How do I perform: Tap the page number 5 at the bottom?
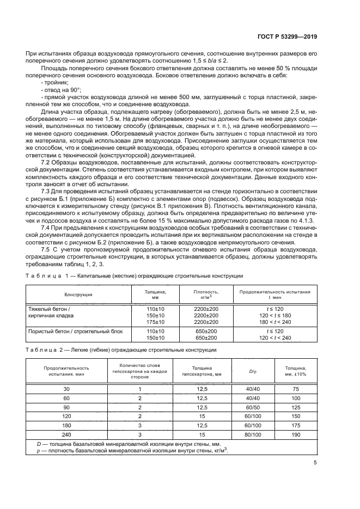pos(315,463)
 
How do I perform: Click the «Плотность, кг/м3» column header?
pos(206,295)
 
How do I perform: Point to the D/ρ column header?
pos(251,372)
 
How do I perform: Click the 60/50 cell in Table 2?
pos(251,407)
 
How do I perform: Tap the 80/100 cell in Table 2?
pos(251,434)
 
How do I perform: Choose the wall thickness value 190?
pos(296,434)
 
